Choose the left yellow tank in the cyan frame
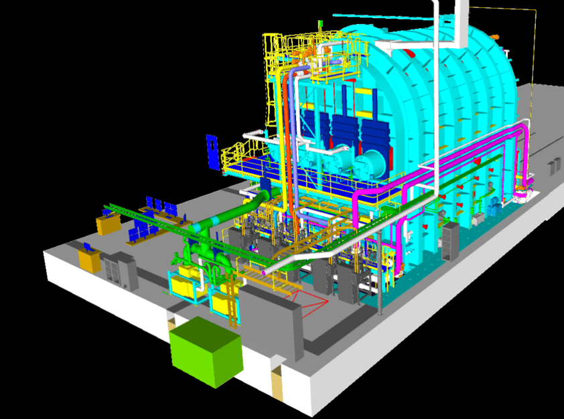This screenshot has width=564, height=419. tap(182, 284)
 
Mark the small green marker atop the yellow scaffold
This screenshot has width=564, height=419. tap(321, 23)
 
